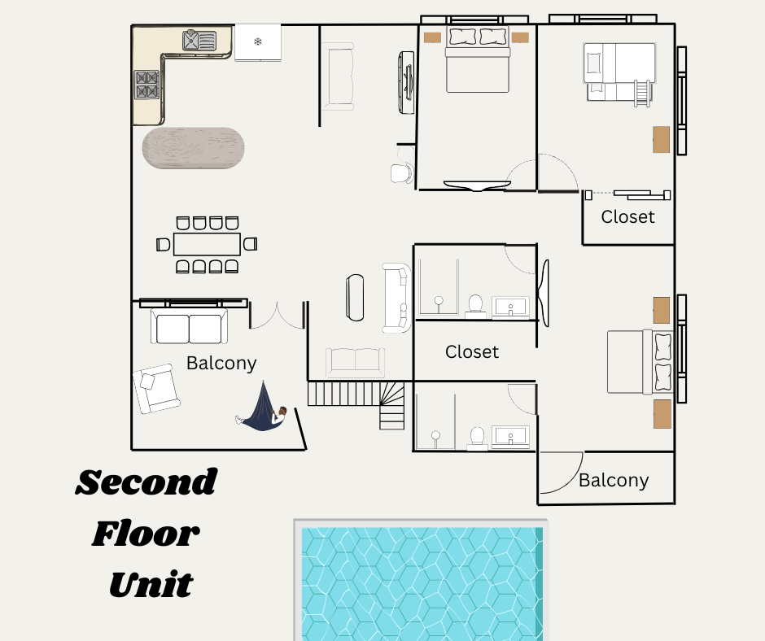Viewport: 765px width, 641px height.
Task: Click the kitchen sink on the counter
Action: click(200, 39)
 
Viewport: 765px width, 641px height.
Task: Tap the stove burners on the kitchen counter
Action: click(146, 85)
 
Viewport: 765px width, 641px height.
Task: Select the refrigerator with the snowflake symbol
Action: click(258, 41)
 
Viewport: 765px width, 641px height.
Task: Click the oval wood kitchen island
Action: click(194, 148)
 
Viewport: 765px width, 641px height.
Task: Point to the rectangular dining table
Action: click(207, 243)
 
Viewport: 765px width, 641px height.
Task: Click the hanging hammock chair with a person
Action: click(264, 409)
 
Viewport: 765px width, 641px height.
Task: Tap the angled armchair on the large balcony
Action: click(156, 387)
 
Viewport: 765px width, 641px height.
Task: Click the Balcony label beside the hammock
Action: click(221, 363)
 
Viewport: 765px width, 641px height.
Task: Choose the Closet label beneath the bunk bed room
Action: click(627, 217)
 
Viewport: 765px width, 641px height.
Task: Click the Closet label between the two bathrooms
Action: click(472, 352)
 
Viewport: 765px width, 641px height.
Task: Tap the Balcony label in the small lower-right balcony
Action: click(614, 480)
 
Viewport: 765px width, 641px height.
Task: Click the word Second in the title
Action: click(146, 483)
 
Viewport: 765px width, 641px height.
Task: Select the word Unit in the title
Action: click(151, 584)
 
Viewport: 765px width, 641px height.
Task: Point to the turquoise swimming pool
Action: click(422, 582)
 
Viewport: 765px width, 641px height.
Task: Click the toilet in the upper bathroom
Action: click(476, 305)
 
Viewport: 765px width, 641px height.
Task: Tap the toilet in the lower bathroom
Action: click(478, 438)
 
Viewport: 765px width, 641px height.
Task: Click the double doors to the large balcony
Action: click(277, 316)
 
